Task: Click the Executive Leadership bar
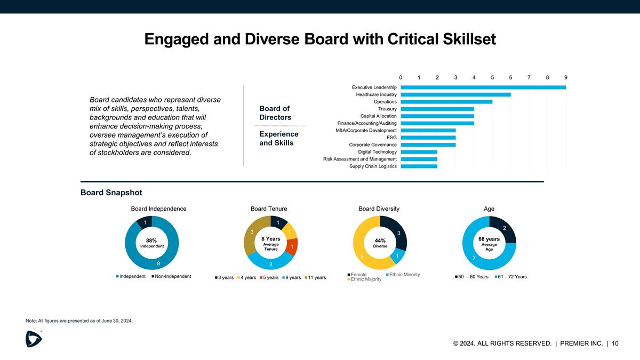tap(483, 87)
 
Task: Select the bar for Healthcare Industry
tap(455, 94)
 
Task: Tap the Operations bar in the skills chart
tap(446, 101)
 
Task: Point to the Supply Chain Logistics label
tap(373, 166)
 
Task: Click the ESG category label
tap(391, 138)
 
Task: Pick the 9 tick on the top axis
tap(566, 77)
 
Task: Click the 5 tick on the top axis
tap(492, 77)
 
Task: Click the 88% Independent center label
tap(151, 243)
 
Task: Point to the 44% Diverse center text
tap(380, 243)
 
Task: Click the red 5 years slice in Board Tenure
tap(292, 247)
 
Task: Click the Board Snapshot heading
tap(111, 193)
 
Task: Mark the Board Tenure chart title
tap(269, 209)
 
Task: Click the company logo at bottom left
tap(34, 338)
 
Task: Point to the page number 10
tap(615, 343)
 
